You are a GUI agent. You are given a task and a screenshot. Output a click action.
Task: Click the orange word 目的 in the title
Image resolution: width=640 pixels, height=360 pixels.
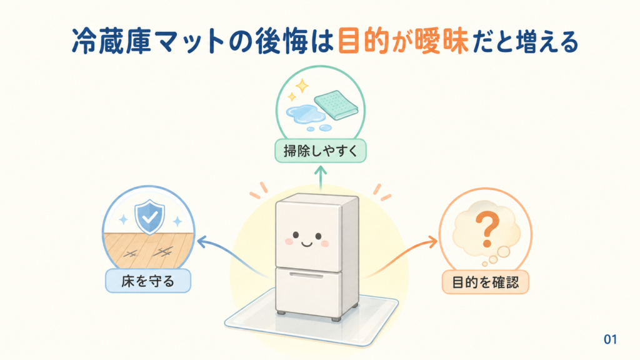click(364, 41)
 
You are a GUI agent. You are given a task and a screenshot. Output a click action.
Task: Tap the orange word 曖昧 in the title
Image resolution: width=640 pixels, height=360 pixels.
click(441, 41)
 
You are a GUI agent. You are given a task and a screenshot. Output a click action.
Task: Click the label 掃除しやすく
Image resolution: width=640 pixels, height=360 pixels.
click(321, 151)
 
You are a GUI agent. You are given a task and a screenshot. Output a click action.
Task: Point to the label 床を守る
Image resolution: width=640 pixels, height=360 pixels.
click(147, 281)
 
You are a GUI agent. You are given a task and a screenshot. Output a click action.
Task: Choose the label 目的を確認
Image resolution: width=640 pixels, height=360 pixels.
click(485, 282)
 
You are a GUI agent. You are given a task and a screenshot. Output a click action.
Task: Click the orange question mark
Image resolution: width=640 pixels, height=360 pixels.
click(487, 231)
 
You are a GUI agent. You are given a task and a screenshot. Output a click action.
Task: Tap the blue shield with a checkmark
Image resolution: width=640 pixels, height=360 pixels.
click(150, 216)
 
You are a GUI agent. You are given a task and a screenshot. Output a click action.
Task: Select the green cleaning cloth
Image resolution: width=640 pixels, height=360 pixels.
click(336, 105)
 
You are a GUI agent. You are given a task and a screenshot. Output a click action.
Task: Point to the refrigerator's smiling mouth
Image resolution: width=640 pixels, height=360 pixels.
click(306, 244)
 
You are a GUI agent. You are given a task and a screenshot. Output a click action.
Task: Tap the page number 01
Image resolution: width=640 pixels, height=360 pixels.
click(610, 339)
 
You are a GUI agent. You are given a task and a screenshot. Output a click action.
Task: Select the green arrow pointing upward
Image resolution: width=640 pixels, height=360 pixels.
click(321, 178)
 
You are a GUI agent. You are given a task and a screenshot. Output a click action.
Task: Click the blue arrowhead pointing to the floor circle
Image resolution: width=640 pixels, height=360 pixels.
click(202, 241)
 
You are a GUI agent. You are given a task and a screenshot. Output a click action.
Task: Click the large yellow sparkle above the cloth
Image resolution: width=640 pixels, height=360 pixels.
click(302, 86)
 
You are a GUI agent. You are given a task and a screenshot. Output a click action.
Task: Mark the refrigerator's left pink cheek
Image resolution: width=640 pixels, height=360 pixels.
click(289, 242)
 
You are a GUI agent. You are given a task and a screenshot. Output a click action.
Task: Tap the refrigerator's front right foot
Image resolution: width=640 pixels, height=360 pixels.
click(336, 319)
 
